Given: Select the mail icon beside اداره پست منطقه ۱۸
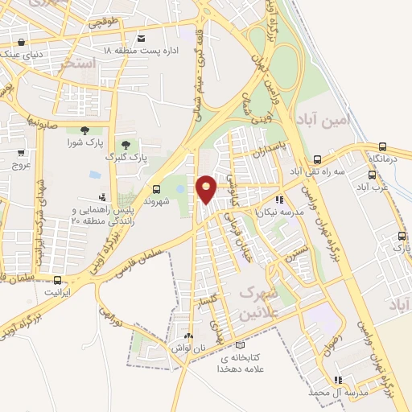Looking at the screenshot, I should click(142, 39).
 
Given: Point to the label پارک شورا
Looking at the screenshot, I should click(84, 142).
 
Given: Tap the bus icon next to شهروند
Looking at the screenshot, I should click(156, 189).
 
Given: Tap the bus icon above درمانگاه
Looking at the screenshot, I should click(382, 147).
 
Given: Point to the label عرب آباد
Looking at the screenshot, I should click(374, 186).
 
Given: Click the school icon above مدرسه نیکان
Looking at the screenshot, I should click(279, 200).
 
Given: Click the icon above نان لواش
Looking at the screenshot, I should click(188, 336).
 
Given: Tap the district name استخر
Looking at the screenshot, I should click(79, 62).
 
